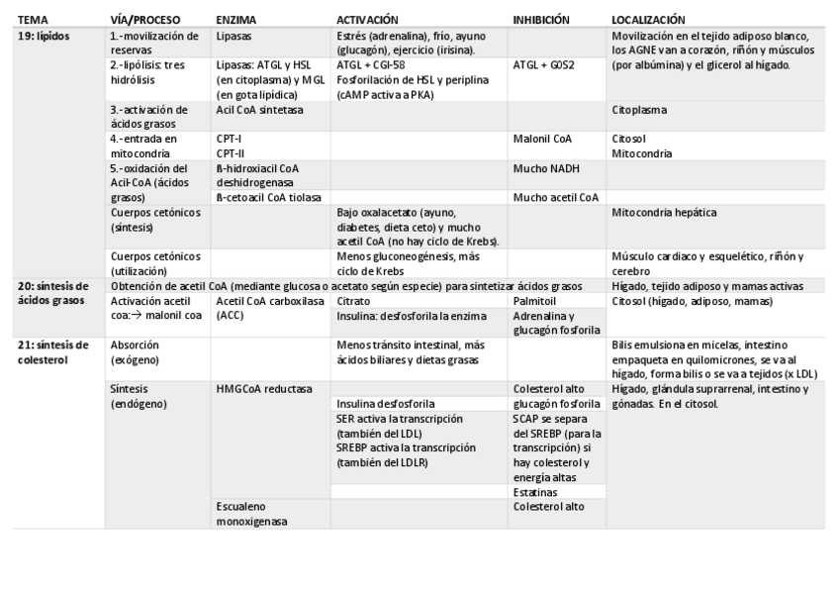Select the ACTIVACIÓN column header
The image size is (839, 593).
tap(367, 19)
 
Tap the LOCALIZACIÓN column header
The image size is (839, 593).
tap(647, 19)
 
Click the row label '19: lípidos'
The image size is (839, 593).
tap(46, 34)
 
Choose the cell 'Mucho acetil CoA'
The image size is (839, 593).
tap(556, 198)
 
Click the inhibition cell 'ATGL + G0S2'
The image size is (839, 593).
tap(545, 65)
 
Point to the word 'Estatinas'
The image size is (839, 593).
tap(534, 492)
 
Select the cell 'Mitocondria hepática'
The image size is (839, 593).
tap(665, 213)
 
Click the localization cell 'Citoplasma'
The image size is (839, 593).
tap(639, 109)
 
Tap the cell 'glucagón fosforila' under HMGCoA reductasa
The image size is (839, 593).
tap(556, 404)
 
